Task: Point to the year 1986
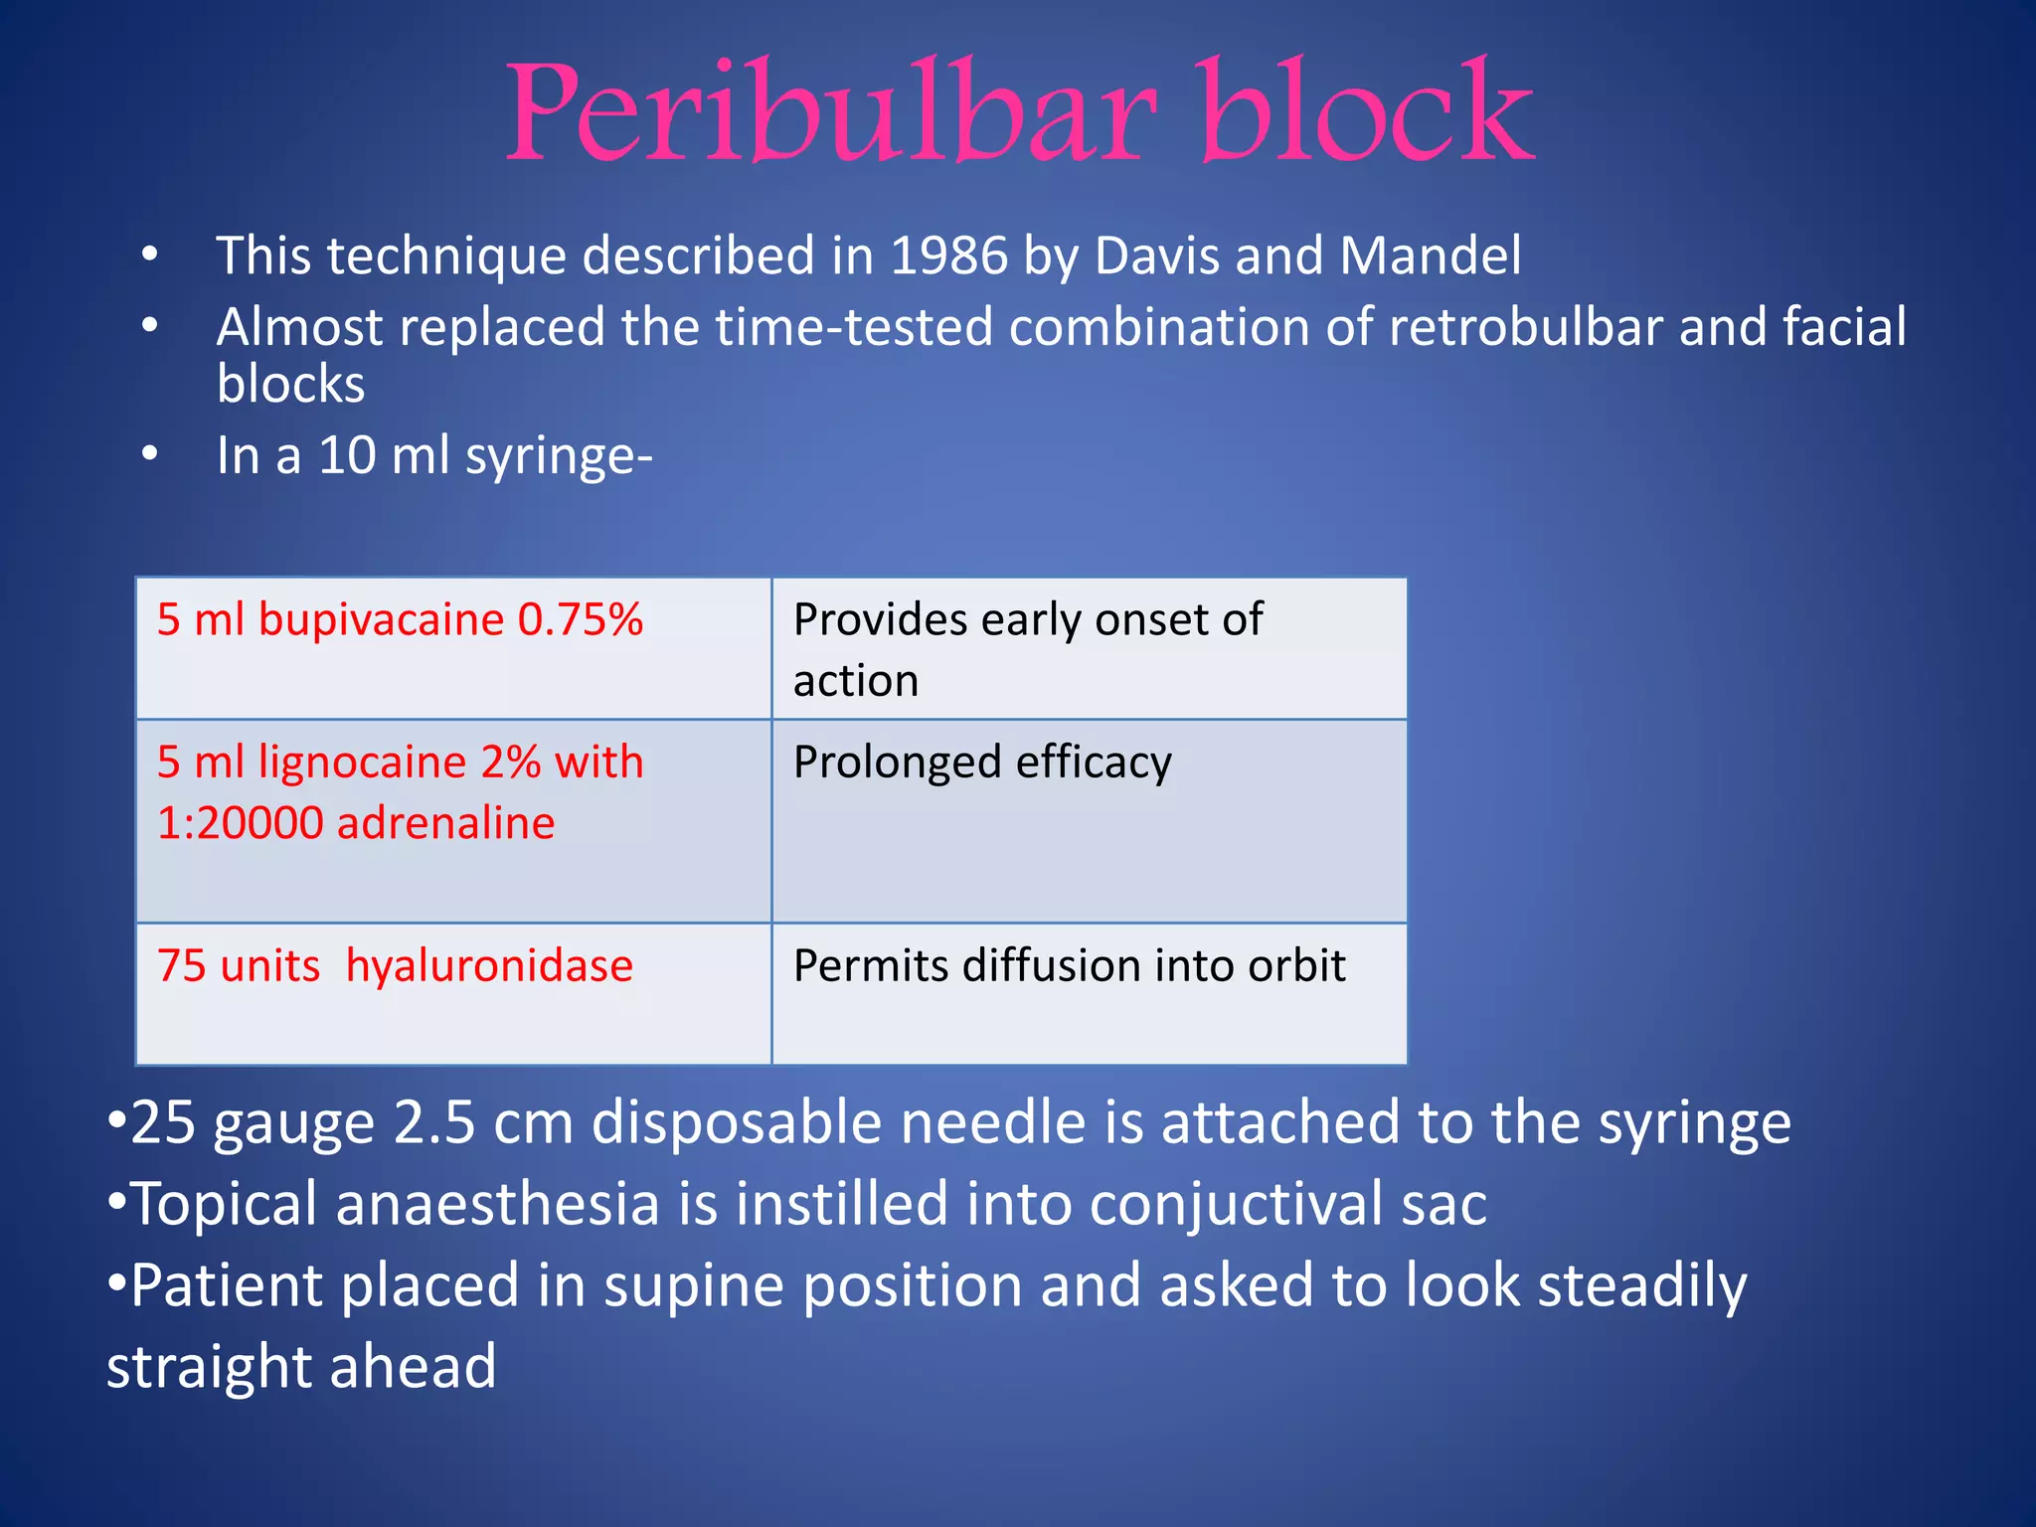[x=948, y=255]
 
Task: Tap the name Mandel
[x=1430, y=255]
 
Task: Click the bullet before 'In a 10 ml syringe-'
[x=149, y=455]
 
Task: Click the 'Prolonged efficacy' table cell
[x=1089, y=820]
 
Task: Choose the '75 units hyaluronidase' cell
[x=453, y=993]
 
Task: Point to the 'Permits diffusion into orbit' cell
[x=1089, y=993]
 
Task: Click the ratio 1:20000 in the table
[x=240, y=823]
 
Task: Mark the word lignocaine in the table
[x=362, y=763]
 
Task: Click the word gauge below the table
[x=293, y=1123]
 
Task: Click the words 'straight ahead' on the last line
[x=301, y=1367]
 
